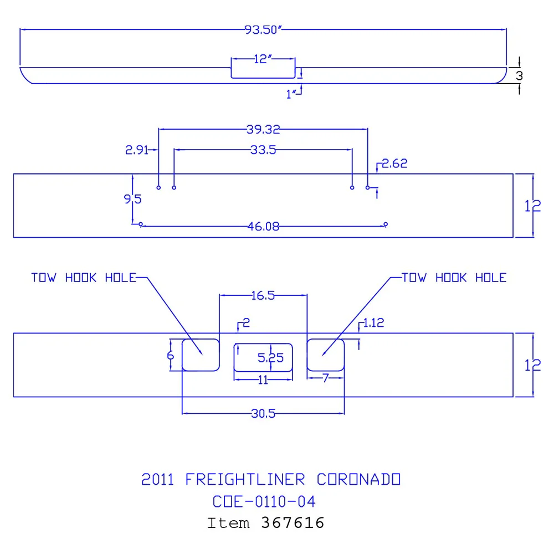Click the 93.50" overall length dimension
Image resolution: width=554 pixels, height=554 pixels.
coord(263,30)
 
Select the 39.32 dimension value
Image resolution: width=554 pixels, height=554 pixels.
coord(263,129)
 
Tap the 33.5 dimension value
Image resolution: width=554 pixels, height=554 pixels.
coord(263,150)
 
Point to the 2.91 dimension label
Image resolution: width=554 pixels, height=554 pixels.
coord(137,150)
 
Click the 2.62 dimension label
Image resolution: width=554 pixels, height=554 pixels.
coord(394,163)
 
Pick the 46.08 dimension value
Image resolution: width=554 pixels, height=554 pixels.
coord(264,226)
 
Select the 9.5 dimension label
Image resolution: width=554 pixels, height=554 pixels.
coord(133,199)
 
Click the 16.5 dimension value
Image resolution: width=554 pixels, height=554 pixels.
coord(263,295)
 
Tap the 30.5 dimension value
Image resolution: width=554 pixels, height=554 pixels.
coord(263,413)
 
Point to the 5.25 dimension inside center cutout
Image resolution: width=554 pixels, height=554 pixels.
coord(271,358)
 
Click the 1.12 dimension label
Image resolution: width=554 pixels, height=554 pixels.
coord(373,322)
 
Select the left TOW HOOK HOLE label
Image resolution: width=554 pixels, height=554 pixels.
coord(84,278)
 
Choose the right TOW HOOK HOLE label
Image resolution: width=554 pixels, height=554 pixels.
coord(454,278)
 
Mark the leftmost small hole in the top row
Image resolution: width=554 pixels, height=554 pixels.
coord(158,188)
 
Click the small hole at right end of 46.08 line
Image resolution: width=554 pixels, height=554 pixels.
coord(386,224)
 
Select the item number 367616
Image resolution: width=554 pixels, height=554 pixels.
coord(293,523)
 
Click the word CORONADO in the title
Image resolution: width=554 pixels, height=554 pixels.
coord(358,479)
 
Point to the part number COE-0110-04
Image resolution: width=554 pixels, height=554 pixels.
coord(264,502)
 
